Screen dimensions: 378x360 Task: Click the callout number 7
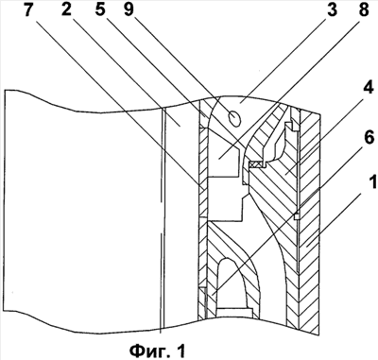tap(28, 9)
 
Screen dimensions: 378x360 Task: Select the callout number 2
tap(66, 9)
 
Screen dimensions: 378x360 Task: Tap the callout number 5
tap(100, 9)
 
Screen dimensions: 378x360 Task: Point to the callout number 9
tap(129, 9)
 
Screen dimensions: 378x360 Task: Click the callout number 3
tap(332, 9)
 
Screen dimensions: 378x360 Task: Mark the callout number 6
tap(369, 138)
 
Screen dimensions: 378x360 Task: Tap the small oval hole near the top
tap(235, 119)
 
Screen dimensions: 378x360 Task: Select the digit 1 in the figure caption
tap(180, 349)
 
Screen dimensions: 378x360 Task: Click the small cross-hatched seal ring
tap(256, 163)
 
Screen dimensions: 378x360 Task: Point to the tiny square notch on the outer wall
tap(296, 216)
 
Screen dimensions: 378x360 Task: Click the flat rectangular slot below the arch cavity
tap(235, 312)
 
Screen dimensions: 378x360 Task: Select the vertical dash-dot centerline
tap(163, 220)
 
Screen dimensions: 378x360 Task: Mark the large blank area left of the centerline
tap(82, 217)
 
